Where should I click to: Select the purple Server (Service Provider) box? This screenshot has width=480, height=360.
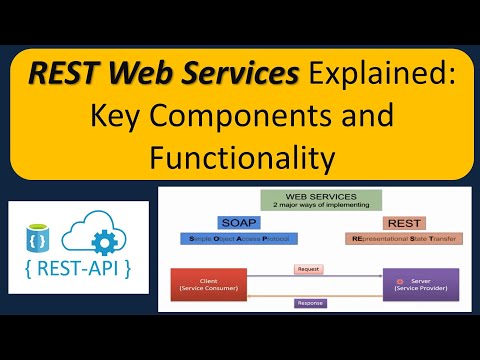(416, 285)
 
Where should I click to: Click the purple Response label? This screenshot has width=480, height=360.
(311, 303)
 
